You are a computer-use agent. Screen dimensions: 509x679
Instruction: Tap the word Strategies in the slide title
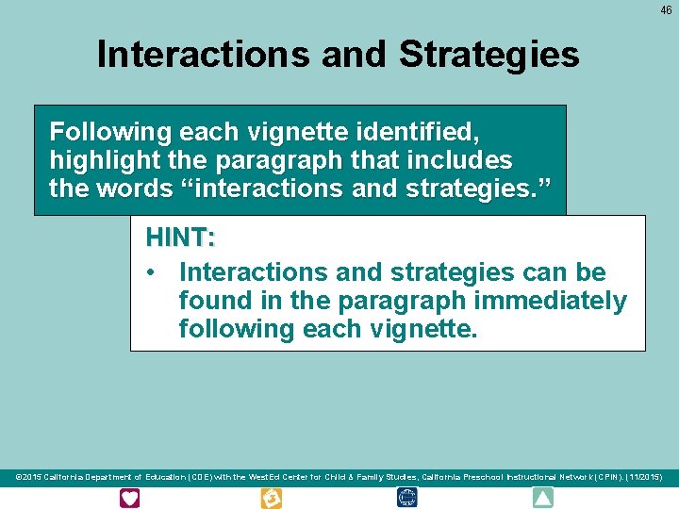489,55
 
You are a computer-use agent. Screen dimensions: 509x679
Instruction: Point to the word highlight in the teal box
96,159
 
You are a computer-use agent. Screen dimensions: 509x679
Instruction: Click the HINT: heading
180,239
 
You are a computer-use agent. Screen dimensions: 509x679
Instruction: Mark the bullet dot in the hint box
150,272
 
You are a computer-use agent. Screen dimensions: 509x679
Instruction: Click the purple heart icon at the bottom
129,498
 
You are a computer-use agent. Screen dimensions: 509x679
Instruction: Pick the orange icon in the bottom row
271,498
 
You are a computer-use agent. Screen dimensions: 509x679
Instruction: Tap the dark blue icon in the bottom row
407,498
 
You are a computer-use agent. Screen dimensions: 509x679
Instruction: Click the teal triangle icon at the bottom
543,498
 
